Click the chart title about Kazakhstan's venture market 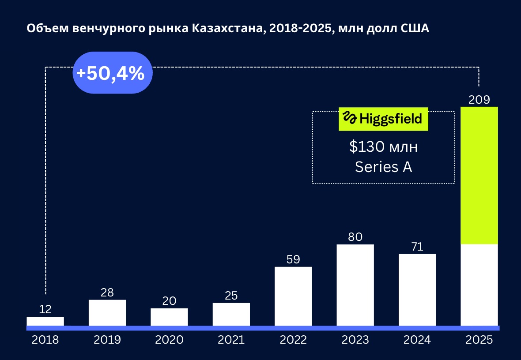point(228,29)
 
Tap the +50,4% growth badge point(110,73)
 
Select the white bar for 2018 point(45,322)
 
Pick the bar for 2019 point(107,313)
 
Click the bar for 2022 point(293,296)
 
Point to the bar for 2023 point(355,285)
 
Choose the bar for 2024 point(417,290)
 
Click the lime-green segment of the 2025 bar point(479,175)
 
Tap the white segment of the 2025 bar point(479,285)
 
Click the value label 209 point(479,100)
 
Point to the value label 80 point(355,237)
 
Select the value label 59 point(293,259)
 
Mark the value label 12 point(45,309)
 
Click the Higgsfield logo point(383,119)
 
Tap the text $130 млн point(383,147)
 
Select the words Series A point(383,167)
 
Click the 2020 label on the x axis point(169,340)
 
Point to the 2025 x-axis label point(479,340)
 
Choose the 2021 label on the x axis point(231,340)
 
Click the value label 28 point(107,292)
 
